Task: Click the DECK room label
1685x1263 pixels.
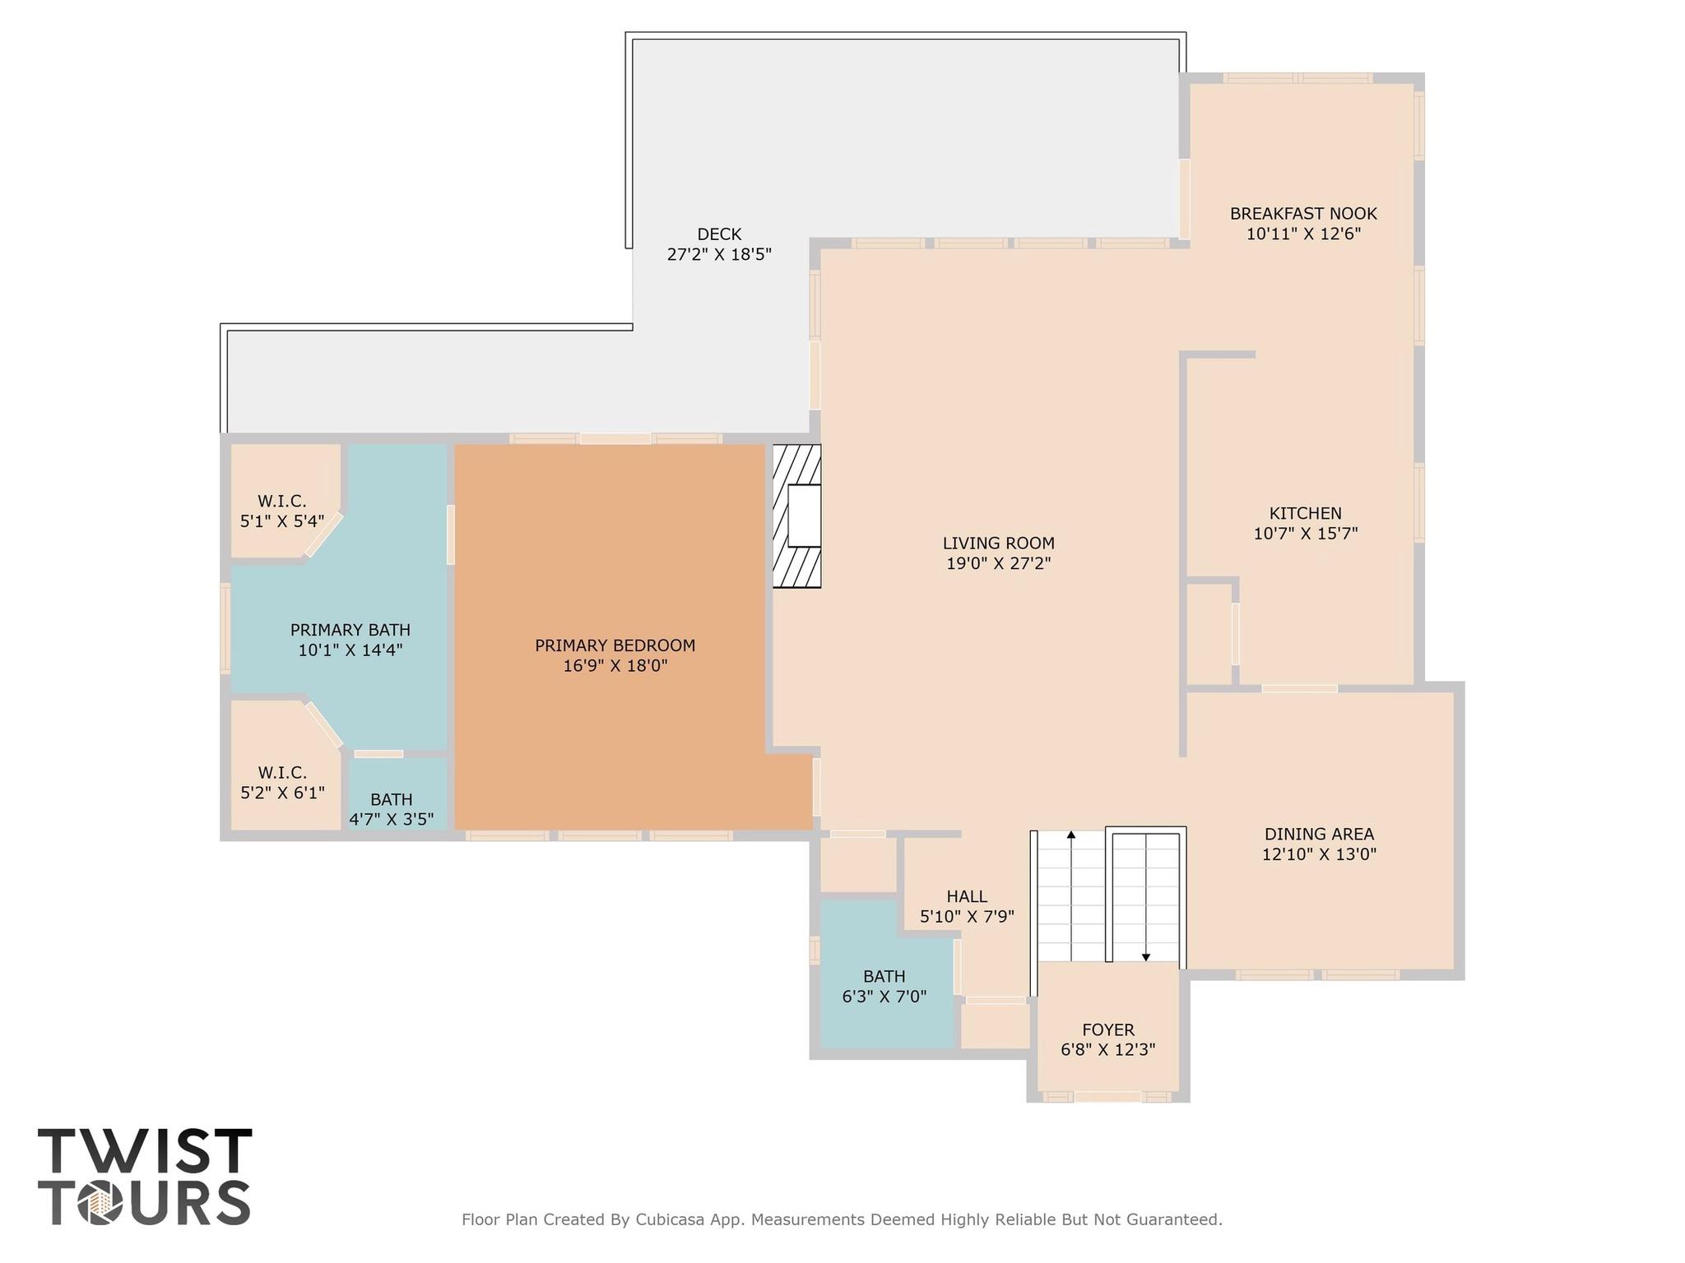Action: pyautogui.click(x=719, y=234)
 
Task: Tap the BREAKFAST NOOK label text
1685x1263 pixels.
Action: pyautogui.click(x=1303, y=214)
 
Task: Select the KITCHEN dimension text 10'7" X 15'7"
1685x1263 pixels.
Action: pyautogui.click(x=1305, y=534)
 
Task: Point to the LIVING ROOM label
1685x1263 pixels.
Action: pyautogui.click(x=998, y=544)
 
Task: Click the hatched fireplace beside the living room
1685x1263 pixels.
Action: pyautogui.click(x=796, y=516)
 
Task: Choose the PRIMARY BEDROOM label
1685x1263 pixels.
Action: pyautogui.click(x=615, y=645)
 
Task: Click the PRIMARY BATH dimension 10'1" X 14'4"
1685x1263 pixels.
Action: pyautogui.click(x=350, y=650)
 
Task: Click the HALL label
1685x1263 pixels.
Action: pyautogui.click(x=967, y=897)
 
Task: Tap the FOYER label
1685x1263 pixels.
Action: pyautogui.click(x=1107, y=1030)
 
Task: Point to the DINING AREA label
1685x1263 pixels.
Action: pyautogui.click(x=1319, y=835)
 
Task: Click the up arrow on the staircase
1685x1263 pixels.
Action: pyautogui.click(x=1071, y=835)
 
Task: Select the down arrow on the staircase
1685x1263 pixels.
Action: pyautogui.click(x=1145, y=956)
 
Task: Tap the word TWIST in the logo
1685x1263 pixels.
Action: pyautogui.click(x=144, y=1151)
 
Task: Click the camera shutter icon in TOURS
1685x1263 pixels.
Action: pyautogui.click(x=100, y=1205)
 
